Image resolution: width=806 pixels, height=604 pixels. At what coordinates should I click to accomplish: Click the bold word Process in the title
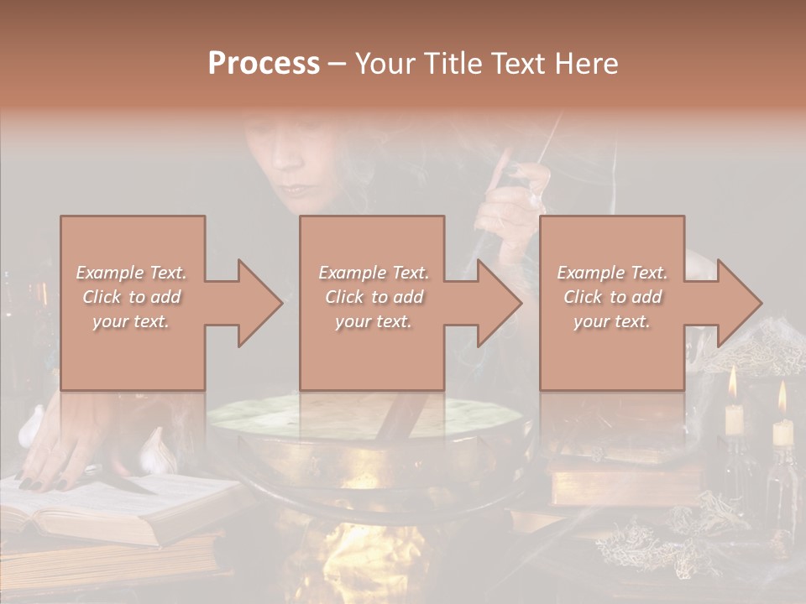point(264,64)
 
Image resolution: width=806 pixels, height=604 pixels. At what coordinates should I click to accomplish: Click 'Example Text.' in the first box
point(132,273)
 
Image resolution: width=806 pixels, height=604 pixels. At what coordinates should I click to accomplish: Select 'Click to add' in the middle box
point(374,297)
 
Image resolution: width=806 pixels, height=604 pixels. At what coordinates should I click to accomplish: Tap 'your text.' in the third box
point(612,321)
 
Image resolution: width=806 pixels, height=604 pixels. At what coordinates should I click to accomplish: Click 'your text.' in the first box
point(132,321)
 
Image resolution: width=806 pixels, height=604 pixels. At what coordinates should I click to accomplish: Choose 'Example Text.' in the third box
point(612,273)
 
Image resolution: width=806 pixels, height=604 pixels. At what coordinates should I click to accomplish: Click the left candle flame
point(732,383)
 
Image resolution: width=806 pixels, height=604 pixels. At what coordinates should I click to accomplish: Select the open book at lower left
point(101,503)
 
